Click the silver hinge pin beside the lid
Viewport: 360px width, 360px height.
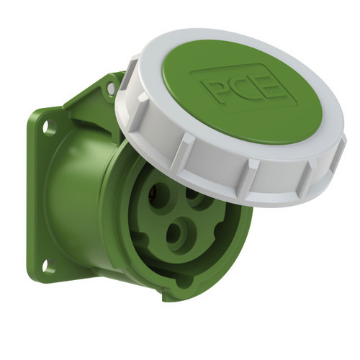(111, 88)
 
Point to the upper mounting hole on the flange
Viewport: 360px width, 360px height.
(49, 127)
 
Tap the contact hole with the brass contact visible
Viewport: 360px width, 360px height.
(158, 196)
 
